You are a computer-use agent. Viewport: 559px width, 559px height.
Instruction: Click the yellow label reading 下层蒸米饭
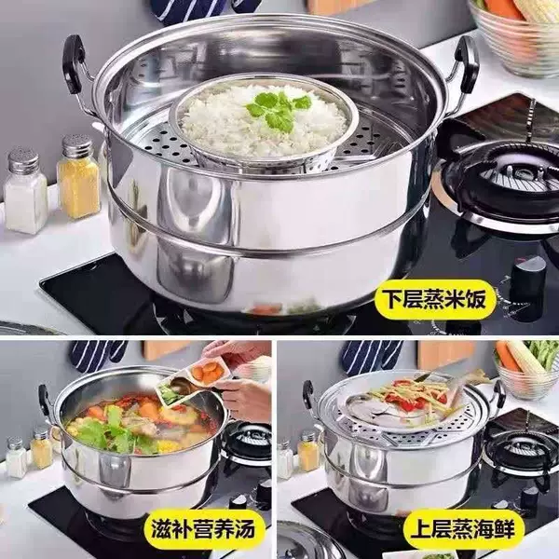tap(434, 299)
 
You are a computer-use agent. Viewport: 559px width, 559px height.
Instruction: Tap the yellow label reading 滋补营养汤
tap(203, 528)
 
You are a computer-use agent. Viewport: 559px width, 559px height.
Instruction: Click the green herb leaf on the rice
tap(278, 110)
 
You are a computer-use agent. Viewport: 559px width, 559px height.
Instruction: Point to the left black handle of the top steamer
tap(74, 64)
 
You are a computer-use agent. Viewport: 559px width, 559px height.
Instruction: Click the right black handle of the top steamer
tap(467, 65)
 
